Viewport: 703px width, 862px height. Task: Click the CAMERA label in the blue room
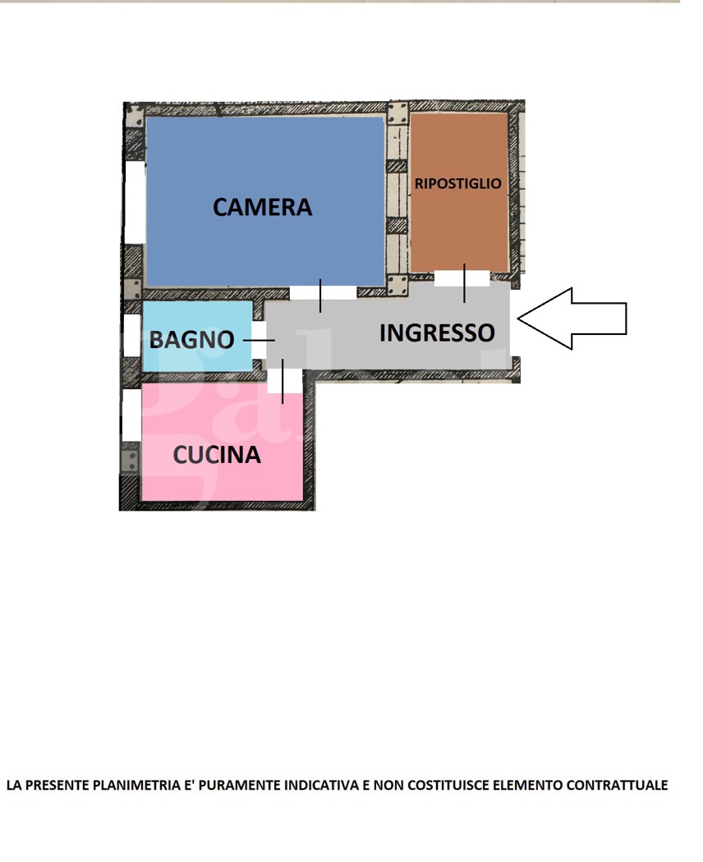tap(262, 207)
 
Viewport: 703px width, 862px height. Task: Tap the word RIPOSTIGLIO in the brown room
tap(457, 184)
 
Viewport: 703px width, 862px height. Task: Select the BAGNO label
tap(191, 339)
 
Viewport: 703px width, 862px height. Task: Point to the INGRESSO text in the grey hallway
tap(437, 332)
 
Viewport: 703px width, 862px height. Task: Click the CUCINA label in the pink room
tap(216, 455)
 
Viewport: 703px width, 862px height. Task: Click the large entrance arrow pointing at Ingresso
tap(572, 319)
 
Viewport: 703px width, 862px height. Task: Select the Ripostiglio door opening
tap(462, 277)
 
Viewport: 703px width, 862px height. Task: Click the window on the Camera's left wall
tap(134, 202)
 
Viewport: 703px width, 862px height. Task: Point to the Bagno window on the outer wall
tap(131, 335)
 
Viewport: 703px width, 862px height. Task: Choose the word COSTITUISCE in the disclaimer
tap(444, 786)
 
